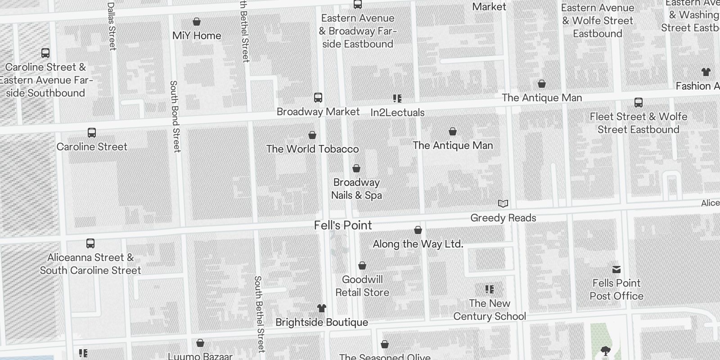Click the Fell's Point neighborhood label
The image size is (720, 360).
point(343,225)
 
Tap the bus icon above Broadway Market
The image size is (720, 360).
point(318,98)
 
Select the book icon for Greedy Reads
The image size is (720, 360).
point(503,204)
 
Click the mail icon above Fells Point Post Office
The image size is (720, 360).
point(616,269)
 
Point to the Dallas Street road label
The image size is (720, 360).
point(112,26)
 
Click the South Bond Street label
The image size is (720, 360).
point(175,116)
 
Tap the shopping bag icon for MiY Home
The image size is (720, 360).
point(197,22)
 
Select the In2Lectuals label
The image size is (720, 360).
point(397,112)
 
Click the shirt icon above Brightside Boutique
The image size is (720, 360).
point(321,308)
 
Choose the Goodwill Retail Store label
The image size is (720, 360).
point(362,286)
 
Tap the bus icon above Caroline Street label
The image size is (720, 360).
point(92,133)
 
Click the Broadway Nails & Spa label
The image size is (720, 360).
point(356,189)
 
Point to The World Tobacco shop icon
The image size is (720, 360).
point(312,135)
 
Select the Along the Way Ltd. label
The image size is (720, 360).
point(418,244)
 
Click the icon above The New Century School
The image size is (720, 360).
point(490,289)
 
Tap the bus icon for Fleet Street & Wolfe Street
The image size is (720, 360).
point(638,102)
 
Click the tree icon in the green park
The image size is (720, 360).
point(606,351)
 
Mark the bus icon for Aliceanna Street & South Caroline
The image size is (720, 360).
point(90,243)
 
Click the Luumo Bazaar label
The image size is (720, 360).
point(200,356)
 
